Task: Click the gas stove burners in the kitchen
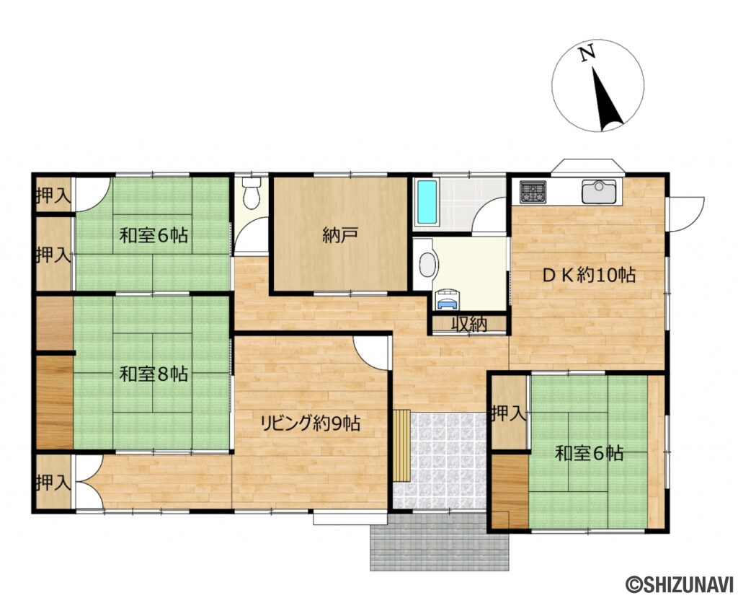[533, 192]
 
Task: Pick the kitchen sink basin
[597, 192]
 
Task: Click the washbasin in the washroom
[426, 265]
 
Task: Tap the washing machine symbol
[447, 299]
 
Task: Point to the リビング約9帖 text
[311, 423]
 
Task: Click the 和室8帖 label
[154, 374]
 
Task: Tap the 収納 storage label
[468, 325]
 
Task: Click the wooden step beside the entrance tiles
[401, 445]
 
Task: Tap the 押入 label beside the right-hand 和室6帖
[509, 413]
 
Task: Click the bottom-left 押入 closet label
[53, 482]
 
